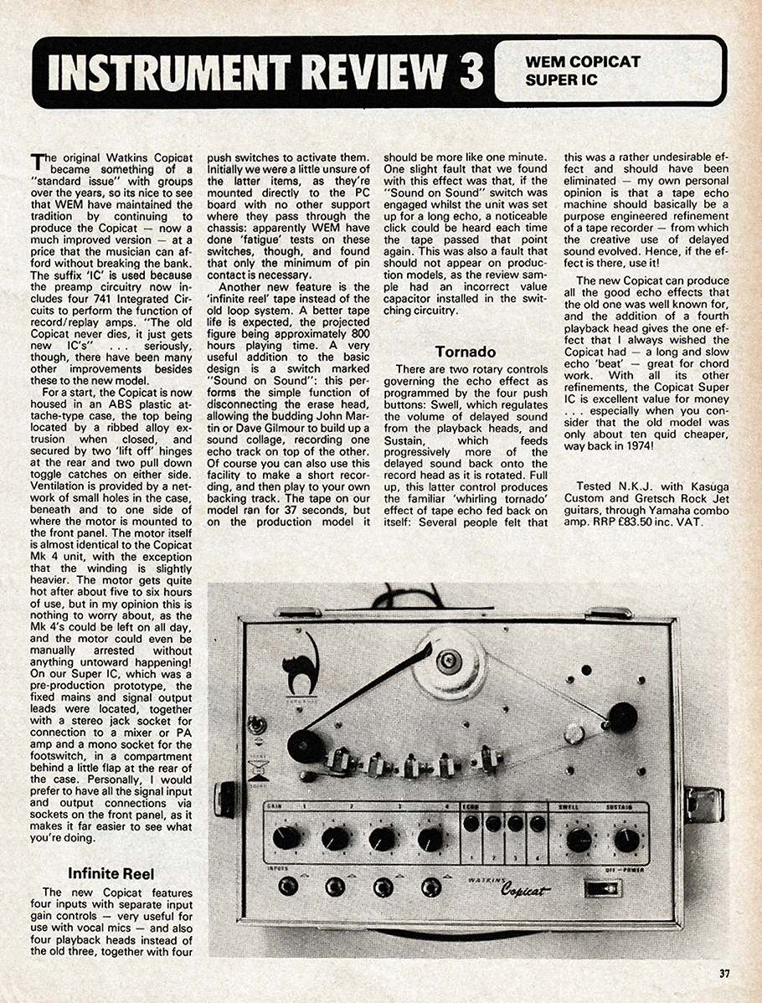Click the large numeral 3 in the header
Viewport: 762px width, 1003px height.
[471, 71]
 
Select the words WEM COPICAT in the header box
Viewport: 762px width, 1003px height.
[583, 62]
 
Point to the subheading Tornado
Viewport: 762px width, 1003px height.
[465, 352]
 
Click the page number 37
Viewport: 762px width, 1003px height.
[725, 973]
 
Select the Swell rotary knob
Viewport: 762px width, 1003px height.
[579, 839]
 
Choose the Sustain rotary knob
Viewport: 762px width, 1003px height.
[626, 839]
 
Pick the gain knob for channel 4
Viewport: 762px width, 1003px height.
[430, 838]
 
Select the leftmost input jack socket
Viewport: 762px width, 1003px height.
[288, 886]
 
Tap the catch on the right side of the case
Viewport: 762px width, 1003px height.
[703, 804]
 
